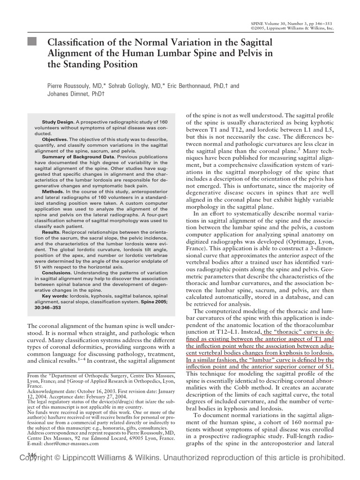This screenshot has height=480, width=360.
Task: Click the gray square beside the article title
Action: [31, 43]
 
